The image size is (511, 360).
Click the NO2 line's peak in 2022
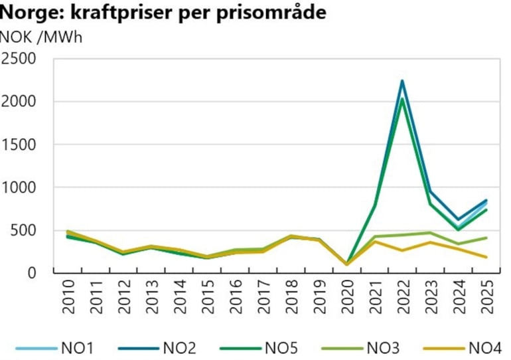pos(402,81)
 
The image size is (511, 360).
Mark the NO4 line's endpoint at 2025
pos(486,257)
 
